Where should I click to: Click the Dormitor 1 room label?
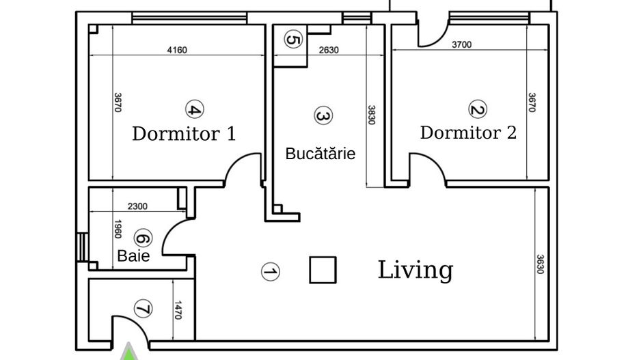coord(184,133)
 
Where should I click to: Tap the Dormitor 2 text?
coord(468,132)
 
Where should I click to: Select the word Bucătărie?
coord(320,154)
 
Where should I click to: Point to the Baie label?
coord(133,256)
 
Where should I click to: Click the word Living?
coord(415,270)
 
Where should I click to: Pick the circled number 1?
coord(271,272)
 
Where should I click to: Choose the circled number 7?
coord(142,309)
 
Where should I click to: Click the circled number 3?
coord(323,116)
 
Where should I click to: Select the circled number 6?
coord(142,238)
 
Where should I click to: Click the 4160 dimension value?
coord(177,49)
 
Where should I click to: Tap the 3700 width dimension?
coord(461,45)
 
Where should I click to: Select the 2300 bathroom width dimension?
coord(137,206)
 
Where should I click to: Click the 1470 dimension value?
coord(178,311)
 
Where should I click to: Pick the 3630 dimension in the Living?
coord(540,265)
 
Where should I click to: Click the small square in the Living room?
coord(323,270)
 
